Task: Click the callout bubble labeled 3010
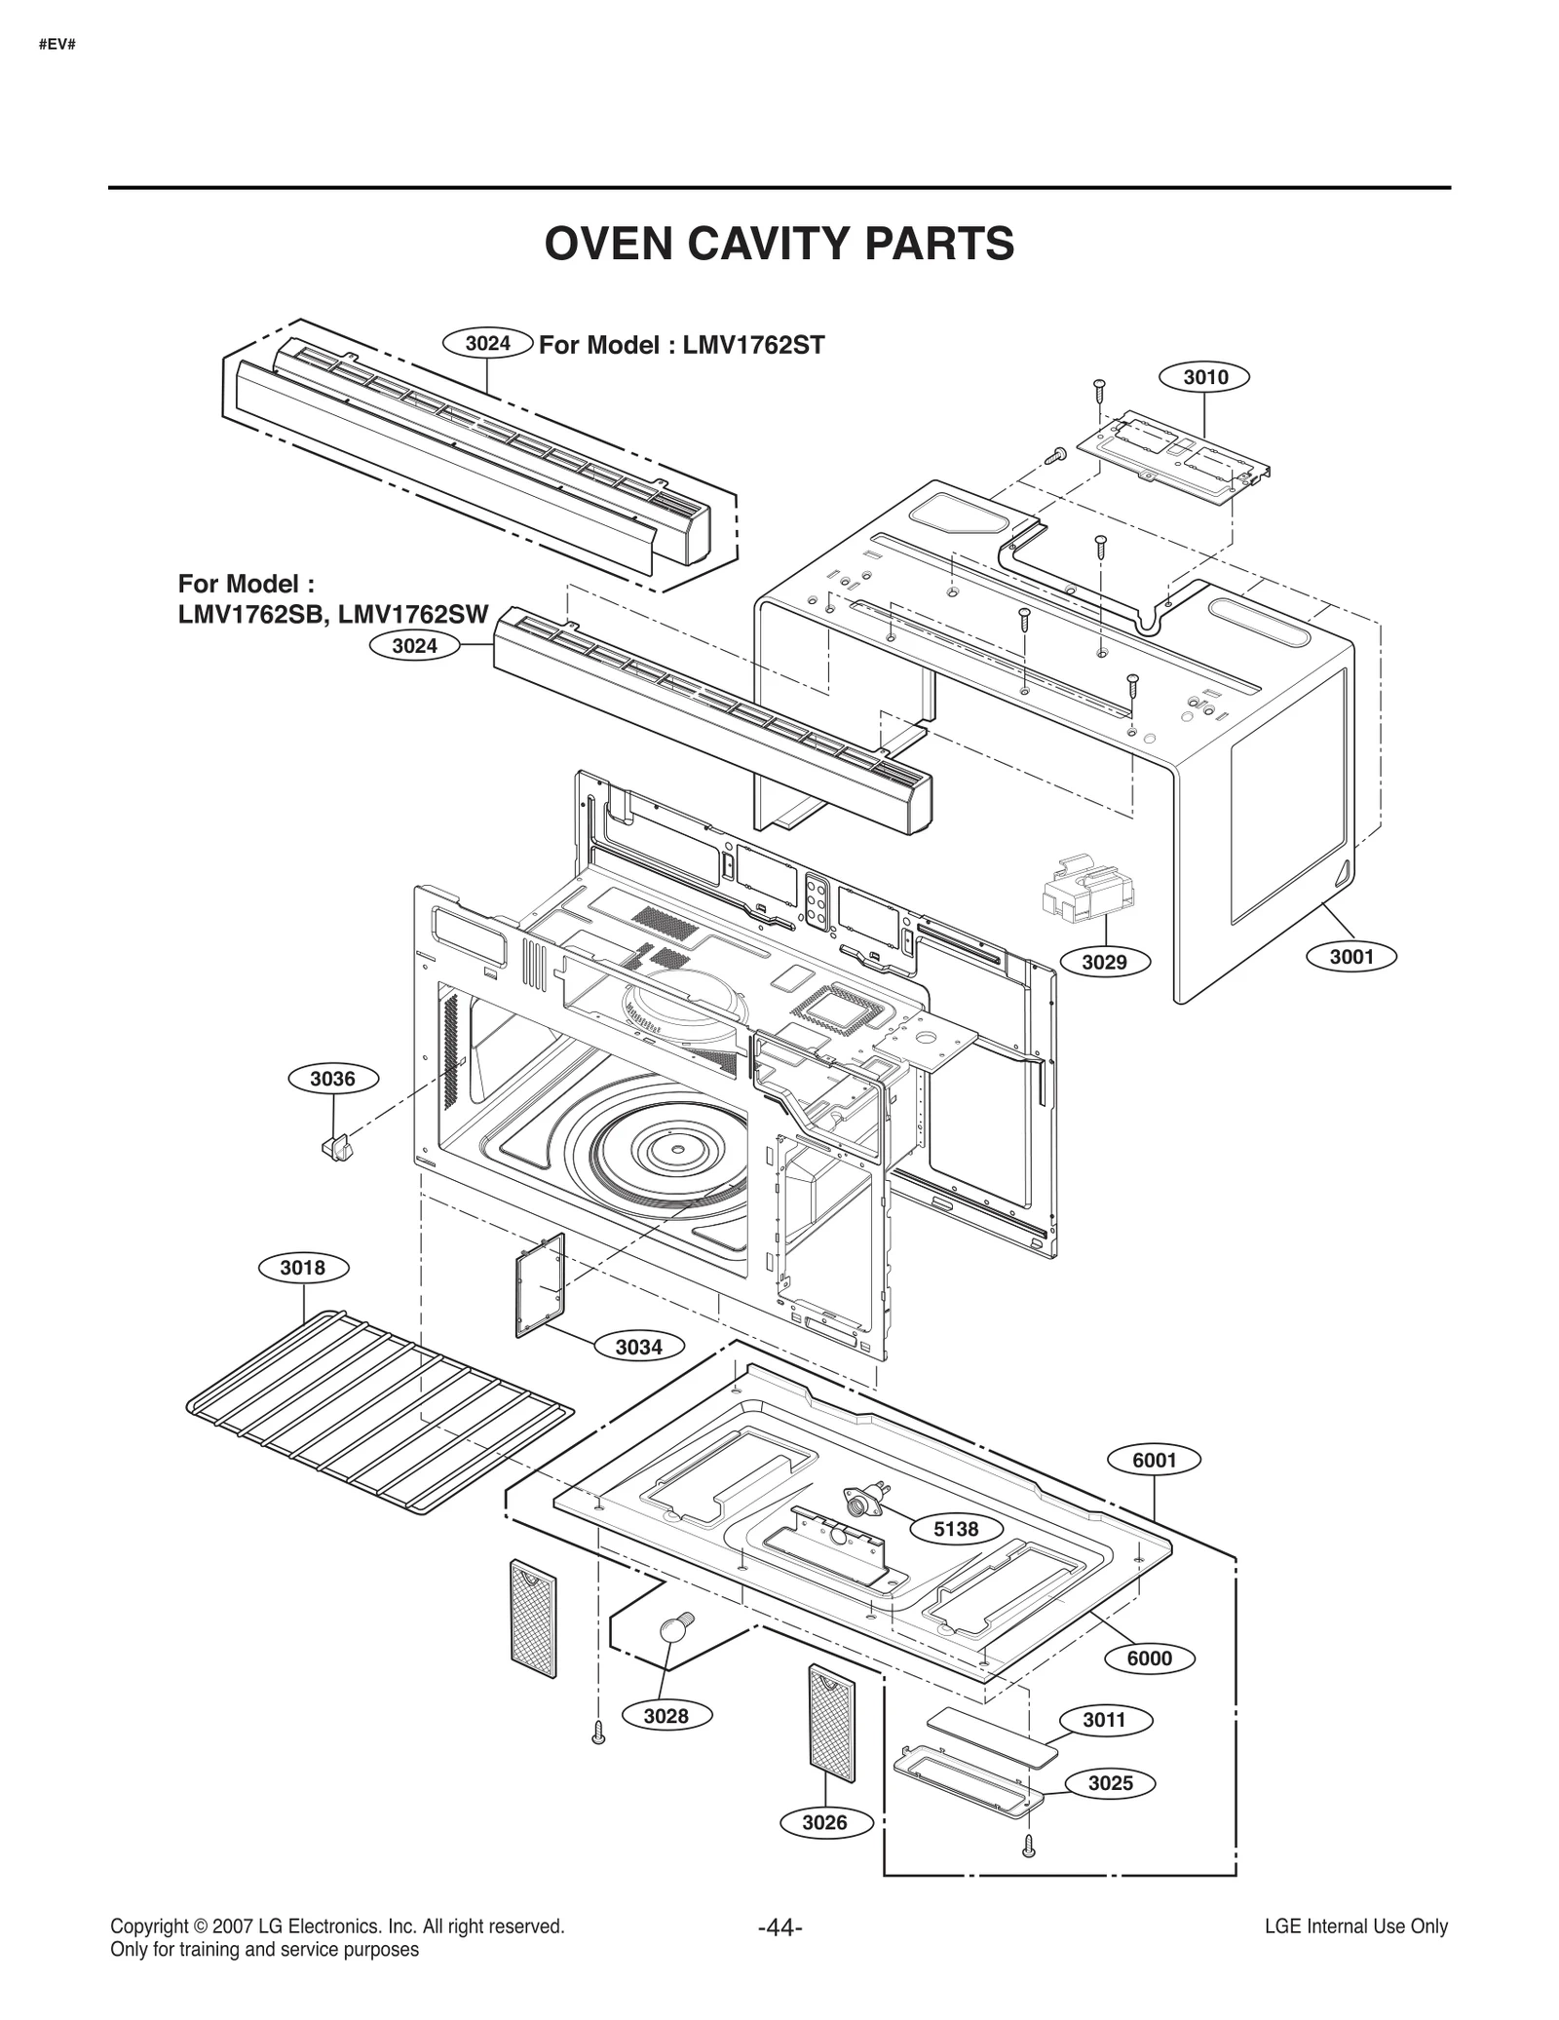pos(1204,377)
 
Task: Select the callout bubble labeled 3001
pos(1351,957)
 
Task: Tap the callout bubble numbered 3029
pos(1104,963)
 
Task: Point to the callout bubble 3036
pos(333,1079)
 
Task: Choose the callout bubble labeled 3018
pos(303,1268)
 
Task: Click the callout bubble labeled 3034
pos(638,1348)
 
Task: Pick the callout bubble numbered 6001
pos(1155,1487)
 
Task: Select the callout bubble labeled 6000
pos(1150,1658)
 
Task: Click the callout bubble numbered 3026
pos(824,1822)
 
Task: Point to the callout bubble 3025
pos(1110,1783)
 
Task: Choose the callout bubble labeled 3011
pos(1105,1721)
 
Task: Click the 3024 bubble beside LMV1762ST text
pos(487,343)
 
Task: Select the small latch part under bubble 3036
pos(336,1147)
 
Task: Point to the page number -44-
pos(779,1927)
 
